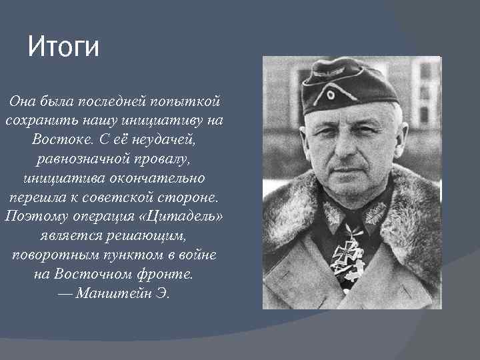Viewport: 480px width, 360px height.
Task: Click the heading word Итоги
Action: (63, 48)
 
